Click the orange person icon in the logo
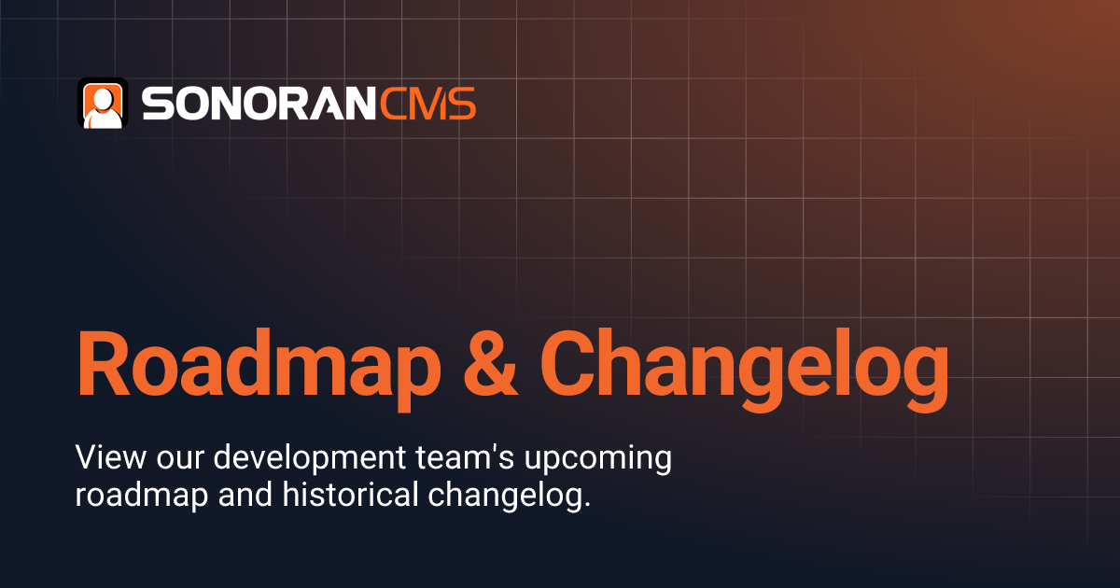coord(103,103)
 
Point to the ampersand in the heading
coord(492,364)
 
